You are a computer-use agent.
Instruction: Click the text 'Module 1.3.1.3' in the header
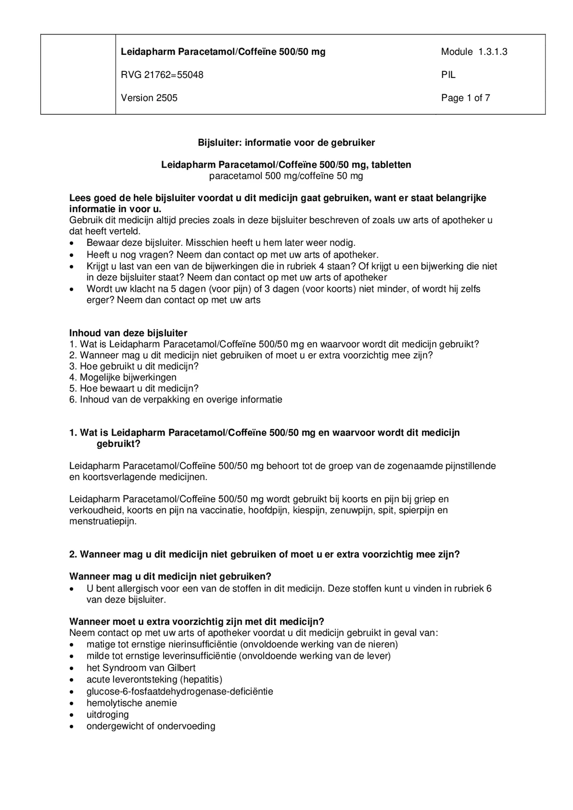click(474, 52)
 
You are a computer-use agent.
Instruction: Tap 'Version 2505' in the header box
click(149, 98)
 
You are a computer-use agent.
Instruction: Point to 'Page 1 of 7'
click(465, 98)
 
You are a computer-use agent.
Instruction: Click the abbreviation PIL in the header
click(448, 75)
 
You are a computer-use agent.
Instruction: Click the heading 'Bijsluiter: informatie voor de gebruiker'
click(286, 143)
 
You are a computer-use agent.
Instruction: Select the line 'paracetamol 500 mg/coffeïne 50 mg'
click(286, 176)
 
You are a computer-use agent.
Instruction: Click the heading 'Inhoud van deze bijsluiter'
click(128, 333)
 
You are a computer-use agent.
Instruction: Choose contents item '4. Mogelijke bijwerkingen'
click(123, 377)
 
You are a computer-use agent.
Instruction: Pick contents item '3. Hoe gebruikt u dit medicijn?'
click(134, 366)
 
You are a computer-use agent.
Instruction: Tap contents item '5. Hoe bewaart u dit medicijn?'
click(134, 389)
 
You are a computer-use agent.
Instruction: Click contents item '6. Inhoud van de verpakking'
click(176, 400)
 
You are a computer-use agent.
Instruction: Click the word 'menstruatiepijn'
click(102, 522)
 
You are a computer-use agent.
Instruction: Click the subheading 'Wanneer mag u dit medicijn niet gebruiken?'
click(170, 576)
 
